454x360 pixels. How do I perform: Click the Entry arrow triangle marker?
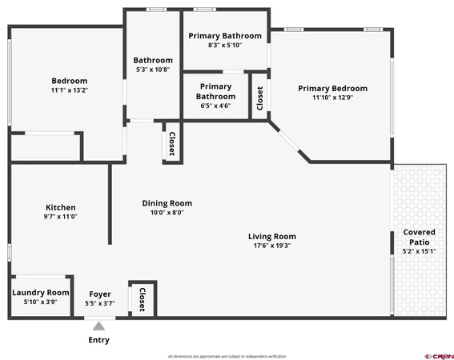click(x=98, y=325)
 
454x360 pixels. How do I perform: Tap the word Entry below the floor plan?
click(x=98, y=340)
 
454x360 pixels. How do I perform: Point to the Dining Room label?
click(x=167, y=203)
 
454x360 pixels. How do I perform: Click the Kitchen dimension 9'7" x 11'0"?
click(x=60, y=216)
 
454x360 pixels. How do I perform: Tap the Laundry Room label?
click(x=41, y=293)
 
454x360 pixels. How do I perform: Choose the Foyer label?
click(x=99, y=294)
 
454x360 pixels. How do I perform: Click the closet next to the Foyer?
click(x=143, y=298)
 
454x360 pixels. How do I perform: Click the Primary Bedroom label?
click(x=332, y=88)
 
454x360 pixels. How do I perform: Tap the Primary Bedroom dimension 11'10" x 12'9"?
click(x=332, y=98)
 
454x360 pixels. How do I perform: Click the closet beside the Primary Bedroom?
click(x=259, y=98)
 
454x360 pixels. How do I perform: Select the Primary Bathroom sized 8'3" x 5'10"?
click(x=224, y=45)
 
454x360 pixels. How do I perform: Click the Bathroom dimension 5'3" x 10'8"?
click(x=152, y=70)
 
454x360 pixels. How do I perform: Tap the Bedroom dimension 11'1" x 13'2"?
click(x=69, y=90)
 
